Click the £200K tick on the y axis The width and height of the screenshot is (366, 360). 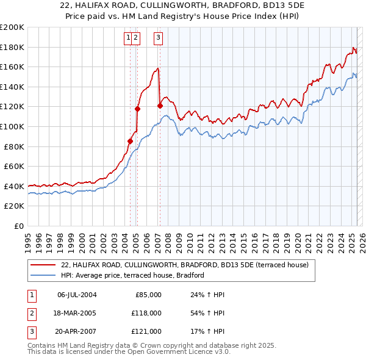click(12, 27)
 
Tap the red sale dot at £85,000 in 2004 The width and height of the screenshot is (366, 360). click(130, 141)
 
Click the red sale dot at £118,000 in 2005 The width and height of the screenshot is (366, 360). click(137, 109)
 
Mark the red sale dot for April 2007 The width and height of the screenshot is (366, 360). click(160, 106)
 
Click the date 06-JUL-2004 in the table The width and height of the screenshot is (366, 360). click(76, 295)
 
